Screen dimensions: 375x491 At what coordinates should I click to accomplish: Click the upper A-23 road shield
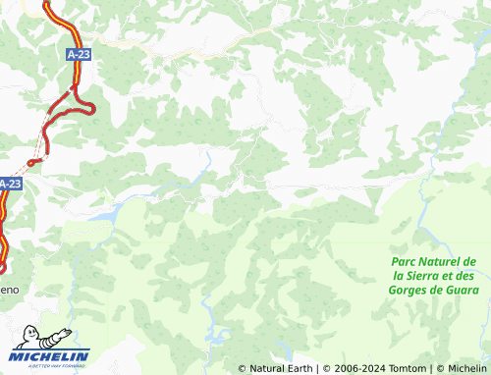click(80, 56)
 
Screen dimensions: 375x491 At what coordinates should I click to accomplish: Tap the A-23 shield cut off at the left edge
click(10, 184)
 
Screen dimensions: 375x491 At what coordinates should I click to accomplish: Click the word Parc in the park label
click(404, 261)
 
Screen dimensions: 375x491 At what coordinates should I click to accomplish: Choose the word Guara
click(459, 289)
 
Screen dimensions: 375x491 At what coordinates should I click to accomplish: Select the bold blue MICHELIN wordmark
click(51, 355)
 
